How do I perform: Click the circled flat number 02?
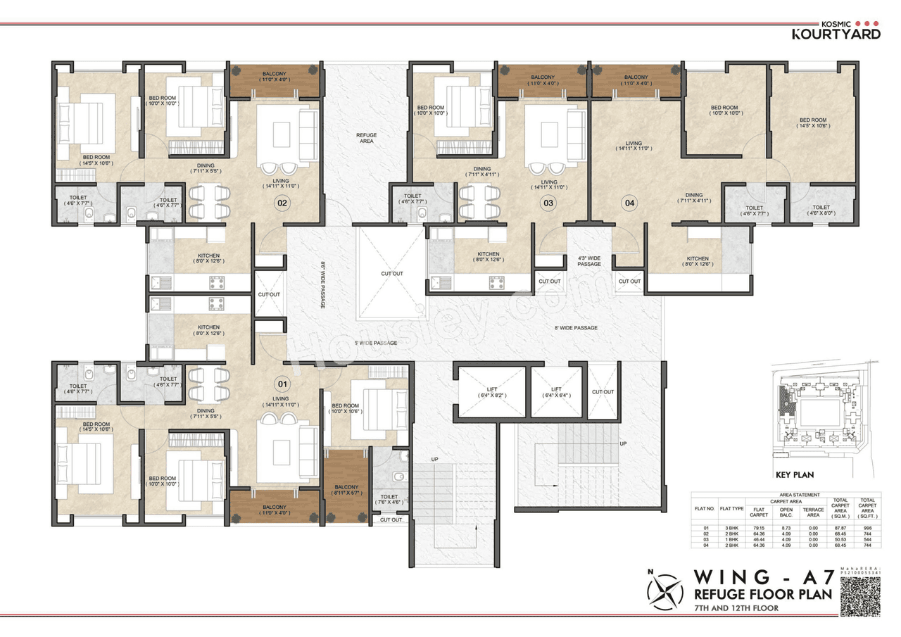point(282,203)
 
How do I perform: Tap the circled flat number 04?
point(629,203)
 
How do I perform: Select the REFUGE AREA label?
point(366,138)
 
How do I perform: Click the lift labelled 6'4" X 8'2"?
point(491,392)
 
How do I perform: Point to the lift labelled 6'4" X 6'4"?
point(556,392)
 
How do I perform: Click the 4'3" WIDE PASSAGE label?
point(589,260)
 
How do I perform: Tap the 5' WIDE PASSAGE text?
point(375,343)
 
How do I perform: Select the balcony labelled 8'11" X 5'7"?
point(346,491)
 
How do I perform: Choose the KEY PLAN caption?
point(794,475)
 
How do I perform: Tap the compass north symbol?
point(665,591)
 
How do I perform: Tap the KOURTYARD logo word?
point(836,34)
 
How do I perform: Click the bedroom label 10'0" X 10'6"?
point(346,409)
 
